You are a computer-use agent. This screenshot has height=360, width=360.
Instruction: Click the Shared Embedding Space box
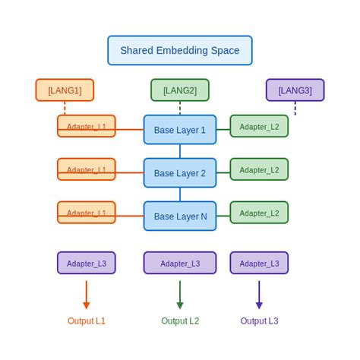[x=180, y=51]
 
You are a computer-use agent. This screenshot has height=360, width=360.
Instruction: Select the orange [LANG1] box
[x=65, y=90]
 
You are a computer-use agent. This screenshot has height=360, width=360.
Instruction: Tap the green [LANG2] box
[x=180, y=90]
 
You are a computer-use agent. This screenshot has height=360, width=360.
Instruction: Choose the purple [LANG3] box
[x=295, y=90]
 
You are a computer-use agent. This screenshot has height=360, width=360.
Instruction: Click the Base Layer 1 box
[x=180, y=130]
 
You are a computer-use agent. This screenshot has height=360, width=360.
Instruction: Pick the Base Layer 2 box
[x=180, y=173]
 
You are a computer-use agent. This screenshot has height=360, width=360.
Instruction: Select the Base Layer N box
[x=180, y=216]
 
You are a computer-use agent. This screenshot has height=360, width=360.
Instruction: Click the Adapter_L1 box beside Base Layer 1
[x=87, y=126]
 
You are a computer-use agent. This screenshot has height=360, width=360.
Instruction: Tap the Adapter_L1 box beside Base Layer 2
[x=87, y=169]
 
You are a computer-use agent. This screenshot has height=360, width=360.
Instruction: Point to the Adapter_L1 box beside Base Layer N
[x=87, y=213]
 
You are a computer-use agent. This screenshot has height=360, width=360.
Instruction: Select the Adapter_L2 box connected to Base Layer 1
[x=259, y=126]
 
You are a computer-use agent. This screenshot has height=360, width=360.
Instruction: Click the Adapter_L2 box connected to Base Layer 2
[x=259, y=169]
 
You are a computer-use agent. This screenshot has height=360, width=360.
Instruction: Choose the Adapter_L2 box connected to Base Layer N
[x=259, y=213]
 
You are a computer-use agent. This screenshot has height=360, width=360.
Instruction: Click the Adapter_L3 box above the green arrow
[x=180, y=263]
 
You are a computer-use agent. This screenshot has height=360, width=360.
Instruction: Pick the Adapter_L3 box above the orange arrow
[x=87, y=263]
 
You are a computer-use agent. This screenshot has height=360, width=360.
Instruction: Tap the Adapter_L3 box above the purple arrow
[x=259, y=263]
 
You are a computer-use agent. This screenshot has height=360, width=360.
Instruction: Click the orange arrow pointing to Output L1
[x=87, y=295]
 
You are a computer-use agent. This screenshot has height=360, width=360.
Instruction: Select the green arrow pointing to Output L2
[x=180, y=295]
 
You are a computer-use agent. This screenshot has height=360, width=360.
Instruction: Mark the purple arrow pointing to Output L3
[x=259, y=295]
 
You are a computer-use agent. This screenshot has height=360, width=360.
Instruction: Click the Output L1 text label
[x=87, y=321]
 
